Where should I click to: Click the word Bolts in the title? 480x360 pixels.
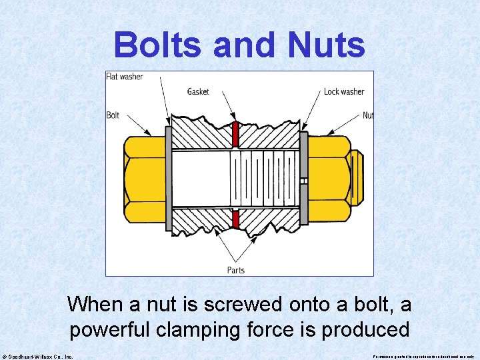[x=157, y=46]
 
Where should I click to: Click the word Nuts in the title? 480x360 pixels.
[x=327, y=46]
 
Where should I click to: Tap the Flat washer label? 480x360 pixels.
[x=125, y=77]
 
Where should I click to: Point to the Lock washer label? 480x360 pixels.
[x=344, y=91]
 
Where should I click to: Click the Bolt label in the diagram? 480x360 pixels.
[x=113, y=115]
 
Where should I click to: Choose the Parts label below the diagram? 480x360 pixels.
[x=236, y=270]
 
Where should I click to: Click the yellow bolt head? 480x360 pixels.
[x=143, y=177]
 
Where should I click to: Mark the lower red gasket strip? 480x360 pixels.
[x=235, y=219]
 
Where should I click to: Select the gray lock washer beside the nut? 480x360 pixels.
[x=303, y=177]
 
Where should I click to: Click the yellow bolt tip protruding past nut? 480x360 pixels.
[x=357, y=177]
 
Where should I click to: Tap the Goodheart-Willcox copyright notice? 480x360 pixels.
[x=38, y=356]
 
